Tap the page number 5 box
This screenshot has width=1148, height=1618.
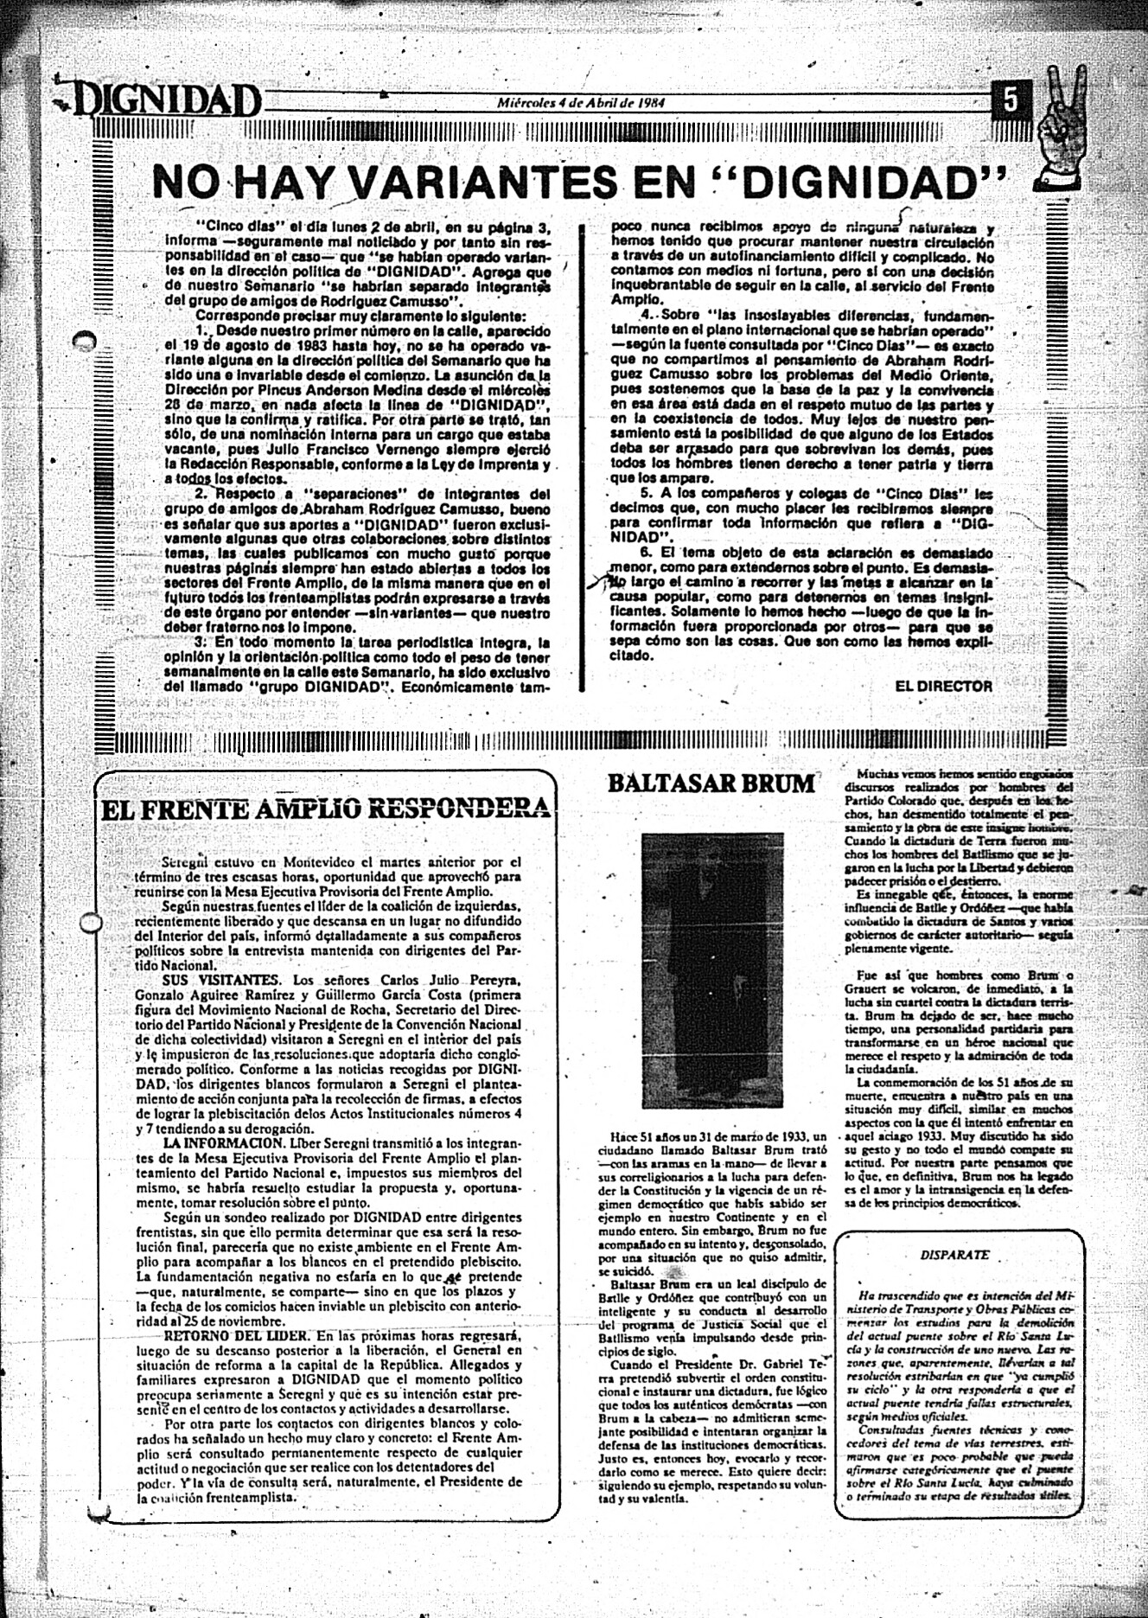click(x=1010, y=100)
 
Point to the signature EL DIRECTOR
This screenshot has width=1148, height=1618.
click(x=944, y=686)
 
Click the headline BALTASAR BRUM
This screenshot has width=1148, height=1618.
click(x=711, y=783)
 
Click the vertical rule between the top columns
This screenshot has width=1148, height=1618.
click(x=592, y=458)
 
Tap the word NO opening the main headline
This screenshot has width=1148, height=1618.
click(x=183, y=182)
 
